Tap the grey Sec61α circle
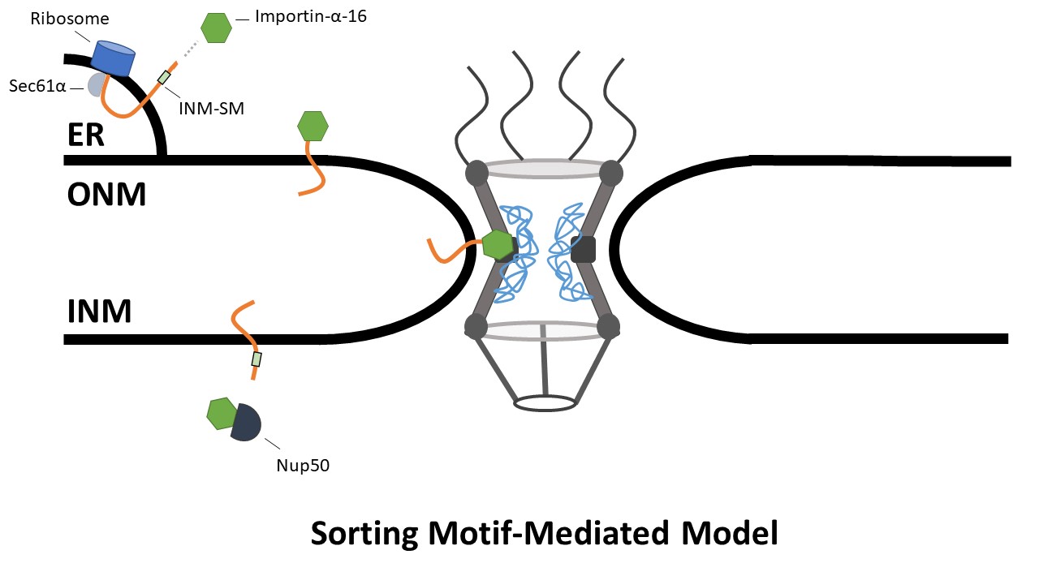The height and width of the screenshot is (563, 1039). (97, 84)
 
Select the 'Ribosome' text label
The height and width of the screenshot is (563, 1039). (58, 17)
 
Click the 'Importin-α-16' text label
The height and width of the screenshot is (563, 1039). (311, 15)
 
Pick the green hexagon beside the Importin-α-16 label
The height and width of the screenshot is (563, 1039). (216, 28)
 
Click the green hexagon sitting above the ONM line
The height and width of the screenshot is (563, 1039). (313, 127)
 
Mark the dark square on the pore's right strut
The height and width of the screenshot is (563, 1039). (583, 249)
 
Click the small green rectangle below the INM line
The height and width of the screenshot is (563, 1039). (257, 359)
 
